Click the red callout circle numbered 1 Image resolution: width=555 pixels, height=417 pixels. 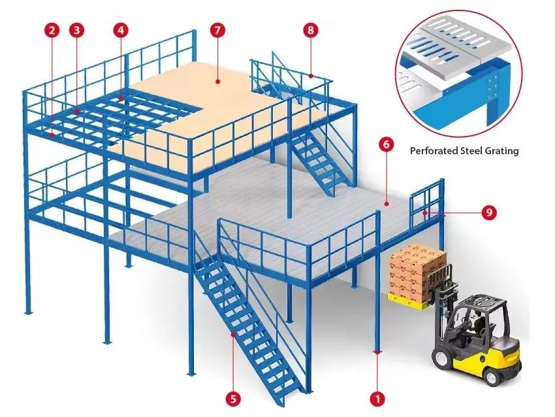click(377, 399)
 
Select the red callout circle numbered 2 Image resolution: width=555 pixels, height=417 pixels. click(52, 30)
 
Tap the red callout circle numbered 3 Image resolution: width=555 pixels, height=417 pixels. click(77, 30)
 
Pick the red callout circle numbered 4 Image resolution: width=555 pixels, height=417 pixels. click(121, 30)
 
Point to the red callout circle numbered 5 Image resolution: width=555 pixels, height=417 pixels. click(233, 399)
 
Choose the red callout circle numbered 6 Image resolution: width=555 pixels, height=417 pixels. click(386, 144)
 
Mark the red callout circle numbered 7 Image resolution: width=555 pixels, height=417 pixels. click(217, 30)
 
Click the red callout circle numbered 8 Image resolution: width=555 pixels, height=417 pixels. click(311, 30)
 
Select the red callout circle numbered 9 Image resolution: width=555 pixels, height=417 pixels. click(489, 212)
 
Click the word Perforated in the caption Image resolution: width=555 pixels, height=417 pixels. click(434, 151)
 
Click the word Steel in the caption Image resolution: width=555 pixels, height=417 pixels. click(472, 150)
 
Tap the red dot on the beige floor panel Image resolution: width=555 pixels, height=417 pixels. click(218, 81)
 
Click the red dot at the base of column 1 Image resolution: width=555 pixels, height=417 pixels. click(377, 352)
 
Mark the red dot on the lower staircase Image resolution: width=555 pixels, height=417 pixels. click(233, 334)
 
